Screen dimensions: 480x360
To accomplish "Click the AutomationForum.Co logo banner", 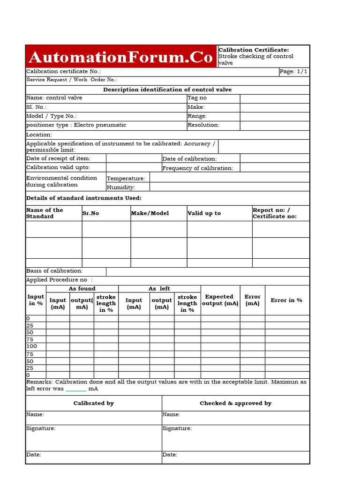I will click(121, 57).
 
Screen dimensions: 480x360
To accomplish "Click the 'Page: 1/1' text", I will click(293, 72).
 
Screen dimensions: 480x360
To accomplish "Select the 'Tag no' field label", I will click(197, 98).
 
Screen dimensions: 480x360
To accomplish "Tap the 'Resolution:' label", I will click(203, 125).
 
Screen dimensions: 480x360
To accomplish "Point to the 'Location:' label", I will click(39, 135).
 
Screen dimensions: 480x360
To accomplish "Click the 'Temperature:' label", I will click(126, 179).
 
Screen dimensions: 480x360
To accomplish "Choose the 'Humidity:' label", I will click(121, 187).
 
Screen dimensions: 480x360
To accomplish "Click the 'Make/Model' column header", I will click(150, 213).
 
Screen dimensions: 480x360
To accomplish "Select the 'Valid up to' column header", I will click(204, 213).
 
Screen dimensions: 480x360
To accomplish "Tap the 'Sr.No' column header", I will click(90, 213).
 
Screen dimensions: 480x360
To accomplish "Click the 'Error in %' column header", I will click(286, 300).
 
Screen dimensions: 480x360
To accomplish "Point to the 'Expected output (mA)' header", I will click(220, 300).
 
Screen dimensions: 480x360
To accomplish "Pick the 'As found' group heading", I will click(82, 289).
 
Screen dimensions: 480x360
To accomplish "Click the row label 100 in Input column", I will click(32, 346).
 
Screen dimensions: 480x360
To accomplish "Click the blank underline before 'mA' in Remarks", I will click(76, 389).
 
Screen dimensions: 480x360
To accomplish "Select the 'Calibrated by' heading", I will click(94, 403).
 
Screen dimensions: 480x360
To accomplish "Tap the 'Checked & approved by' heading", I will click(235, 403).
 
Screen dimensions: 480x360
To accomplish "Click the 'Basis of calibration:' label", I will click(54, 271).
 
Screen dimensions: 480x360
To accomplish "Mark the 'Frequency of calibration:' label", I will click(197, 168).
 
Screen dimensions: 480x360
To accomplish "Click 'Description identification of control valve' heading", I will click(167, 90).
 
